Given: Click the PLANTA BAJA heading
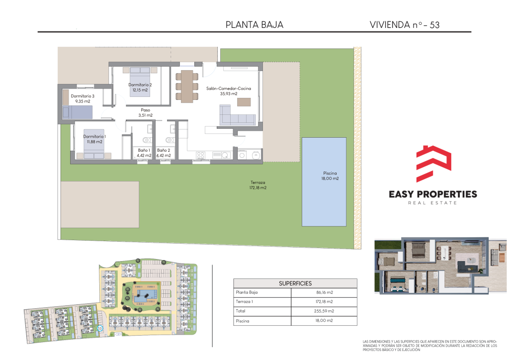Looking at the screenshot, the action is [x=254, y=25].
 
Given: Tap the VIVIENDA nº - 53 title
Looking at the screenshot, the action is [x=405, y=25].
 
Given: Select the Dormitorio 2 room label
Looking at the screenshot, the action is [x=140, y=88].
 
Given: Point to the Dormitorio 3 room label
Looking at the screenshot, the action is [x=83, y=98].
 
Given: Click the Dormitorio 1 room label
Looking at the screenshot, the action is [x=94, y=139].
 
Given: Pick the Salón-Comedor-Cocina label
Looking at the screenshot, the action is [x=229, y=91].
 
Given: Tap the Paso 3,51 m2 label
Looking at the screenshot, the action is [x=146, y=113].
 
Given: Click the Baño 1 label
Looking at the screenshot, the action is [x=144, y=153].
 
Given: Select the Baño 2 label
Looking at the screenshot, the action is [x=163, y=153].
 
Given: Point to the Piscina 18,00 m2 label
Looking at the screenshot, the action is [x=330, y=176].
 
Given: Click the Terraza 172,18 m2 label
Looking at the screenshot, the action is [x=258, y=185].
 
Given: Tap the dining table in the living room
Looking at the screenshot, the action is [x=187, y=87].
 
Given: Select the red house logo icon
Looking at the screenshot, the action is [x=433, y=164].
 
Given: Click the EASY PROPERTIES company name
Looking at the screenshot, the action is [x=433, y=194].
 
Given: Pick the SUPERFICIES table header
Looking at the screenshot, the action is [x=295, y=283].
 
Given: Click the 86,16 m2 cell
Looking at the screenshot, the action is [x=325, y=292].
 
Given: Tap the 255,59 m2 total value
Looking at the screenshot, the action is [x=324, y=311].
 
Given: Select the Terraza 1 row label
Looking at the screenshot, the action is [x=244, y=301].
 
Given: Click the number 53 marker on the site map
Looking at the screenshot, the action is [x=99, y=329].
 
